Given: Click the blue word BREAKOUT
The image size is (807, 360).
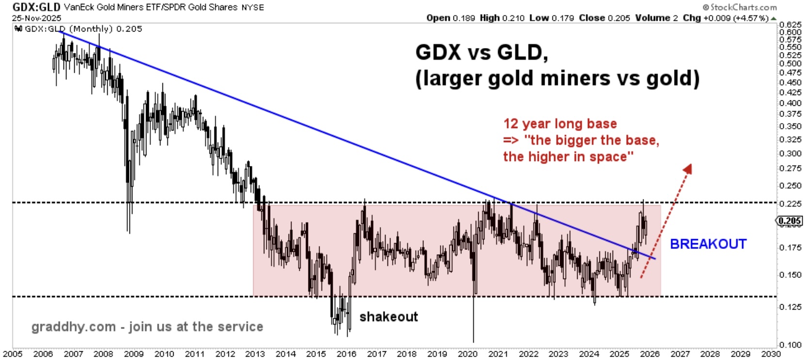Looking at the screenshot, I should (708, 244).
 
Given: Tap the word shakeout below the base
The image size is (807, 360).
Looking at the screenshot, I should (388, 317).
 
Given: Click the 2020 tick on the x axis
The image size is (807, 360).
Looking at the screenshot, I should (468, 354).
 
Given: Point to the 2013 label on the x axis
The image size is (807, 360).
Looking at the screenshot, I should (255, 354).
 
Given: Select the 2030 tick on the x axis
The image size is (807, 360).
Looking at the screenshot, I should (771, 354).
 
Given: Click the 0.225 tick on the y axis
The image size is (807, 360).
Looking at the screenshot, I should (791, 203).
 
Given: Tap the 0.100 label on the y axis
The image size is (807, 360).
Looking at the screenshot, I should (791, 345).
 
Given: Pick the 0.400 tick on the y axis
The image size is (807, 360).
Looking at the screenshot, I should (791, 103).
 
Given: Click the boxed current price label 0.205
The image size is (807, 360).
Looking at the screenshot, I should (790, 221).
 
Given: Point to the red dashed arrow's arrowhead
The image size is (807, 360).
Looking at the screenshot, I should (688, 168).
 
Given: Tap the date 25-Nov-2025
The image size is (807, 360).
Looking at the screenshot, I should (37, 18).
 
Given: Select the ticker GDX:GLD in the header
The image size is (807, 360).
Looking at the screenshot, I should (36, 7).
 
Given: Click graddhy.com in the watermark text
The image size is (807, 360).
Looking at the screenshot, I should (73, 327).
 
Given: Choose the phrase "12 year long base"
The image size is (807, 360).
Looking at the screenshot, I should (560, 124).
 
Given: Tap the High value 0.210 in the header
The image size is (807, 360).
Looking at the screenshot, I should (513, 18).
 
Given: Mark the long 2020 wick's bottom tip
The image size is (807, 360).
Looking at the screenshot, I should (473, 342).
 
